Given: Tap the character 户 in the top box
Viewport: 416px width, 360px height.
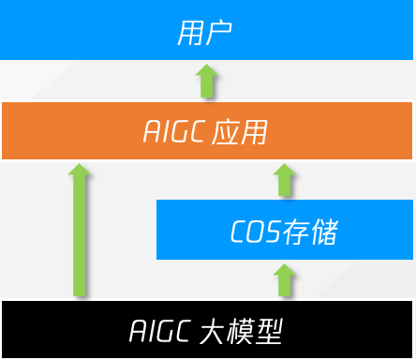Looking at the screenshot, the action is (217, 33).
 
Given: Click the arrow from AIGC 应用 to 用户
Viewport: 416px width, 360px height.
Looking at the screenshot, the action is (207, 81).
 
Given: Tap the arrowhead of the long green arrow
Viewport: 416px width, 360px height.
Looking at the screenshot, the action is (80, 171).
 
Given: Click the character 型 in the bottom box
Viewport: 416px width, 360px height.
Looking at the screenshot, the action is (270, 331).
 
